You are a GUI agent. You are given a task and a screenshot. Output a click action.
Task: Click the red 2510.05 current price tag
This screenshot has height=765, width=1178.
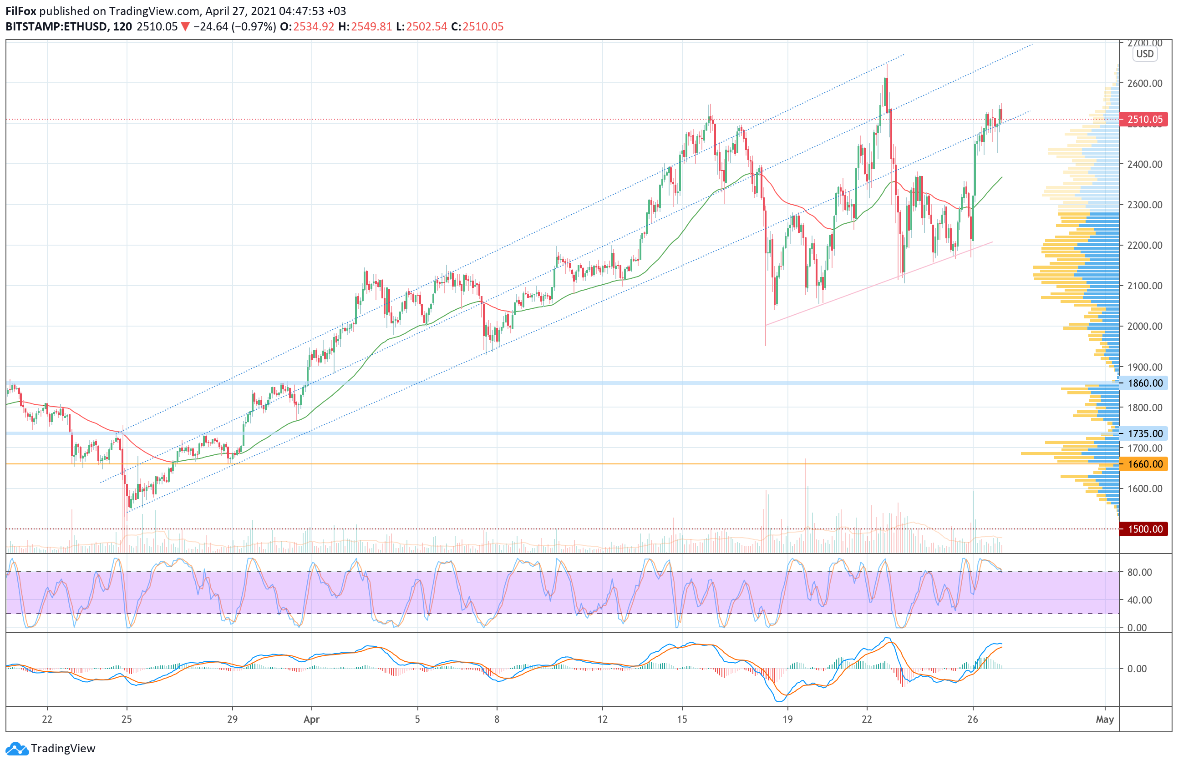point(1144,119)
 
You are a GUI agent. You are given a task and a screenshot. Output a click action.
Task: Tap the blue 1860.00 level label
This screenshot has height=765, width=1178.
point(1144,383)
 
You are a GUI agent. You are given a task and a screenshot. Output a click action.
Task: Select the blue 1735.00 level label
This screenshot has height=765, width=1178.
point(1144,434)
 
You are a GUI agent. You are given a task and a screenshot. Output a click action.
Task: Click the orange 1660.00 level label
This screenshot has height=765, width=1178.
point(1144,464)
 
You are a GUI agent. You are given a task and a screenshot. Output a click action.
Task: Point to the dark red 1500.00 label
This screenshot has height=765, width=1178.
point(1144,529)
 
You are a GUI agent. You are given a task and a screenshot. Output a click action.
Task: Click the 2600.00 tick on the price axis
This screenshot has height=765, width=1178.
point(1144,83)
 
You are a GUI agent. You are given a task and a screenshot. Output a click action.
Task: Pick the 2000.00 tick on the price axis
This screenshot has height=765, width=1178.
point(1144,327)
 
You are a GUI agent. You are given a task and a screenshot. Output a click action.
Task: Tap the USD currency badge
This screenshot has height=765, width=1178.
point(1144,54)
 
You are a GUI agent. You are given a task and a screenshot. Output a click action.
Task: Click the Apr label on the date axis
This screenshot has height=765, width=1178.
point(311,720)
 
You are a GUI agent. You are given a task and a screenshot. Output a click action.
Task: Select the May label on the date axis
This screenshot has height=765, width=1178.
point(1104,720)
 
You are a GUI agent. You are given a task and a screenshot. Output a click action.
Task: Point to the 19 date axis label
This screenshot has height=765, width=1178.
point(787,720)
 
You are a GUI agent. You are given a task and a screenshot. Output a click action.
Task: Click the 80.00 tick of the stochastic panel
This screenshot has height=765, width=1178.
point(1139,572)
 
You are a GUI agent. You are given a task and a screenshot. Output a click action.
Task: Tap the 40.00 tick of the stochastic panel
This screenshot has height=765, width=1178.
point(1139,600)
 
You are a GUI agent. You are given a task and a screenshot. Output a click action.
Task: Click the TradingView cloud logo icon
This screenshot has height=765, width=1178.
point(17,749)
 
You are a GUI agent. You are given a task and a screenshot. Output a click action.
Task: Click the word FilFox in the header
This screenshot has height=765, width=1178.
point(21,11)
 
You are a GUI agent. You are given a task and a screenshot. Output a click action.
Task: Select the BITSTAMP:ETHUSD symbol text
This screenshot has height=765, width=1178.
point(56,27)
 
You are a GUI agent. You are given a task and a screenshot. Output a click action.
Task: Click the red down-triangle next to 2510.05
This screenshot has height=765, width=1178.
point(185,27)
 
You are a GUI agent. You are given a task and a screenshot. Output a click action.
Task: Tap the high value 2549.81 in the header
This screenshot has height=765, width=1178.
point(371,27)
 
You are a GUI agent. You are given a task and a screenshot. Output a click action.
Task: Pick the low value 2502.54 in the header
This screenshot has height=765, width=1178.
point(426,27)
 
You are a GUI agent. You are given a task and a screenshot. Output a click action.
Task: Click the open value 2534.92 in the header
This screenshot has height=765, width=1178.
point(314,27)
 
